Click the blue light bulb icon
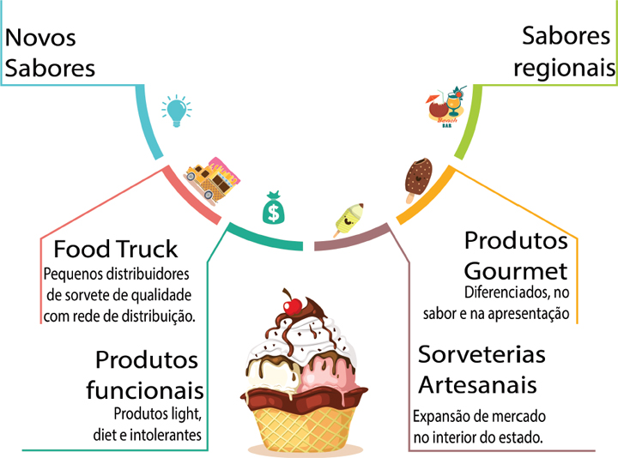tap(176, 111)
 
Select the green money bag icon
tap(272, 208)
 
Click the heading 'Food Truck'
tap(116, 250)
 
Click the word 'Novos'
tap(40, 38)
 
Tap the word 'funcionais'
tap(145, 390)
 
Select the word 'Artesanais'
tap(478, 383)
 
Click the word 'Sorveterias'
tap(482, 354)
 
